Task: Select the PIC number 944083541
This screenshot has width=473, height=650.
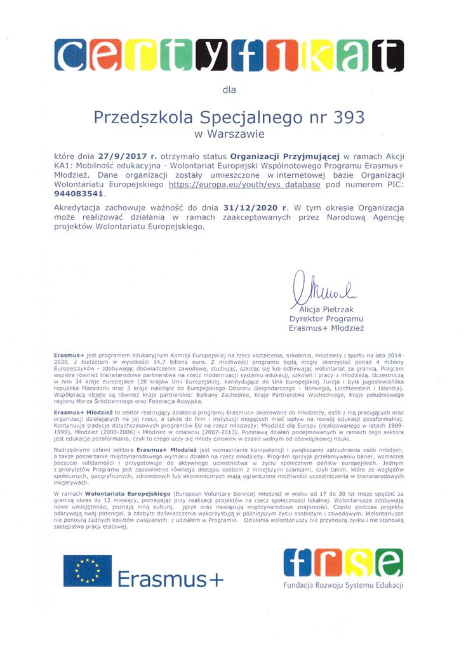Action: (x=79, y=194)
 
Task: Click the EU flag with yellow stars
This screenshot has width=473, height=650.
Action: (x=87, y=571)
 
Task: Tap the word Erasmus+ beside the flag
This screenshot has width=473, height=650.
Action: (x=171, y=579)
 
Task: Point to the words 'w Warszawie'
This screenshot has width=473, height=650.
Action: (x=229, y=134)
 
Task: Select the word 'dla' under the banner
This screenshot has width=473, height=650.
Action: (x=229, y=90)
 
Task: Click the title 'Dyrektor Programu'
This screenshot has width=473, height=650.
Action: (x=326, y=319)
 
